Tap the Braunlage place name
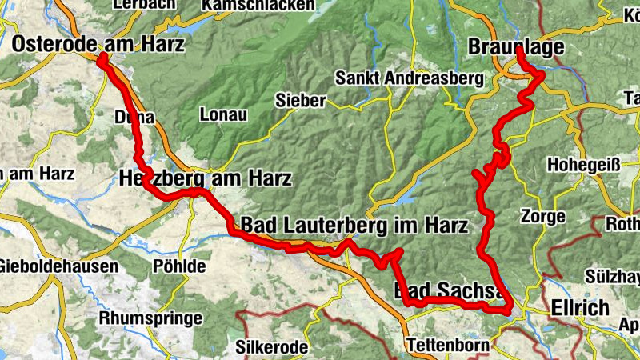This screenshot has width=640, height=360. click(515, 47)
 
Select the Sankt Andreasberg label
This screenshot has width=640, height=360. click(410, 78)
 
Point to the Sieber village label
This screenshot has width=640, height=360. click(300, 101)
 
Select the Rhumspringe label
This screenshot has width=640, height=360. click(150, 318)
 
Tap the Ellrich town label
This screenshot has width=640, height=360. click(581, 307)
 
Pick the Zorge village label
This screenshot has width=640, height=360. click(542, 217)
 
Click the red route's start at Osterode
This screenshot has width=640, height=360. click(102, 58)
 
